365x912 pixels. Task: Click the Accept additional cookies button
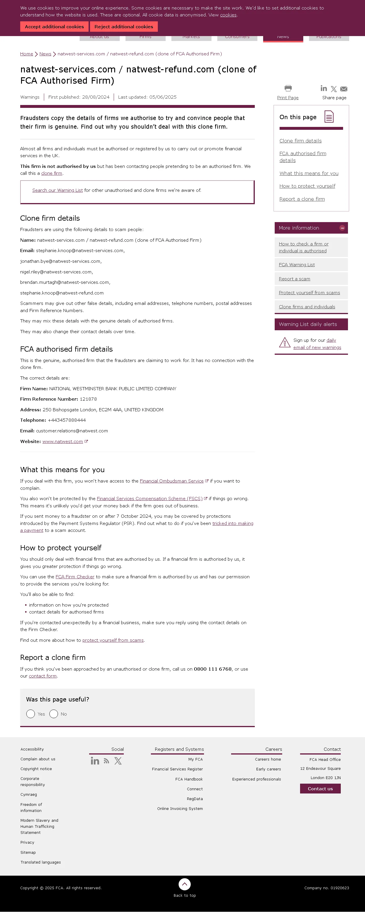click(x=54, y=27)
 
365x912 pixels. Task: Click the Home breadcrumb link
click(x=27, y=54)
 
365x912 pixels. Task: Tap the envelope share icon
click(x=343, y=89)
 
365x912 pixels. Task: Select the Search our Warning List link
click(x=57, y=190)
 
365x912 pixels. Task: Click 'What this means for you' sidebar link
click(x=309, y=173)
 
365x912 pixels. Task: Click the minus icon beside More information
click(x=342, y=228)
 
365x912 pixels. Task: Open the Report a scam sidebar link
click(x=294, y=279)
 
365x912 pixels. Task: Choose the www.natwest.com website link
click(x=63, y=442)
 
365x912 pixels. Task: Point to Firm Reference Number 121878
click(x=88, y=399)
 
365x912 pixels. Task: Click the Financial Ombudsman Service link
click(x=172, y=481)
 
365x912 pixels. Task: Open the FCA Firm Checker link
click(x=75, y=577)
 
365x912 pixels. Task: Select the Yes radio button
click(x=31, y=714)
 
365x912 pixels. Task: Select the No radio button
click(x=54, y=714)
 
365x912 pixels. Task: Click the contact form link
click(x=42, y=676)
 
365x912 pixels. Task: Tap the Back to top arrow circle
click(x=184, y=884)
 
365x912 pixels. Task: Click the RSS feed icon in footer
click(x=106, y=761)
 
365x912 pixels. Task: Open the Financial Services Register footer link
click(x=177, y=769)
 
